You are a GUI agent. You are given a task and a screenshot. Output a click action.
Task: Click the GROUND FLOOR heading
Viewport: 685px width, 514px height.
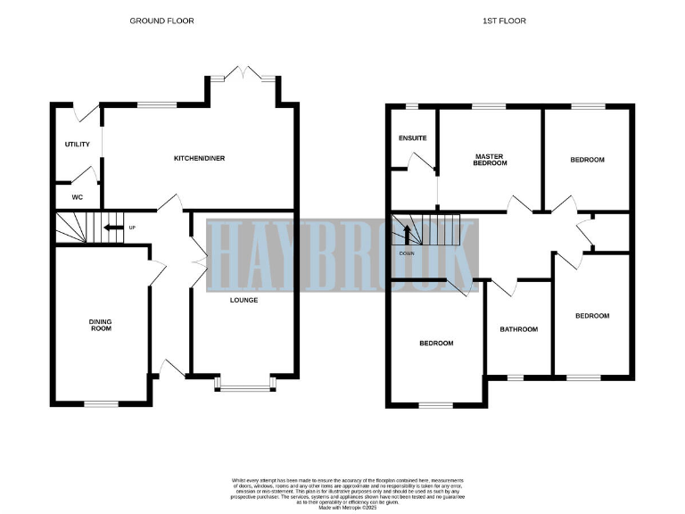pos(161,21)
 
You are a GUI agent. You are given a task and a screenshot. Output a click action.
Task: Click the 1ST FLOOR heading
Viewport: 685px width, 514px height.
pos(511,21)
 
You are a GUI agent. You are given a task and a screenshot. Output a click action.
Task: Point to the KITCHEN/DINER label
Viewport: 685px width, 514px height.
pos(199,158)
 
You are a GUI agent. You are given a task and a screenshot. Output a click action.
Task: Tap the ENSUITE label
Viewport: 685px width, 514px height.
pos(412,138)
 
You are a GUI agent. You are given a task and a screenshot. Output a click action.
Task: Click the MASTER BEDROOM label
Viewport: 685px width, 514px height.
pos(490,160)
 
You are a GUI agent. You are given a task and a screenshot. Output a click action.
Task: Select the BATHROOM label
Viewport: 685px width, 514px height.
pos(518,329)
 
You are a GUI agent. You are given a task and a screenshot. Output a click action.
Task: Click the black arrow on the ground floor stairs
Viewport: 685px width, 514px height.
pos(113,228)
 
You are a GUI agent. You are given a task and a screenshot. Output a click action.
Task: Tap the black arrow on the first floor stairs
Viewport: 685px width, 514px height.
pos(407,234)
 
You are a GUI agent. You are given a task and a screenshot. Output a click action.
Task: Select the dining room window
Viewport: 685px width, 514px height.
pos(101,405)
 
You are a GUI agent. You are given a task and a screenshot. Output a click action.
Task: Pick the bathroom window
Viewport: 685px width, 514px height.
pos(515,377)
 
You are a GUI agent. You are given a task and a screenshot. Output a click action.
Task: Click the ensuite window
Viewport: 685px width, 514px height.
pos(412,107)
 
